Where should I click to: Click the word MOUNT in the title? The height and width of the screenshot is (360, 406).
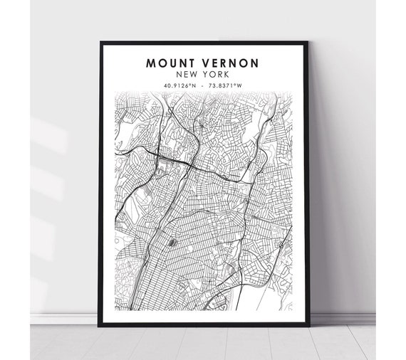click(x=168, y=63)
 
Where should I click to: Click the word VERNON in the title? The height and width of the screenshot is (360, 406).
click(x=229, y=63)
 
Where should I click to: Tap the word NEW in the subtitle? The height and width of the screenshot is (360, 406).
click(x=188, y=74)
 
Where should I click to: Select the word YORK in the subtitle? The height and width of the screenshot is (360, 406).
click(x=217, y=74)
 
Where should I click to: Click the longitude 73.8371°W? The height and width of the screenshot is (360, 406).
click(x=224, y=85)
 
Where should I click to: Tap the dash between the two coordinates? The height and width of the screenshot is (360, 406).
click(x=203, y=85)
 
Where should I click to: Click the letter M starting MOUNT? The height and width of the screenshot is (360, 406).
click(x=151, y=63)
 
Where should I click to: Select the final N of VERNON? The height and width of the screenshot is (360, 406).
click(x=255, y=63)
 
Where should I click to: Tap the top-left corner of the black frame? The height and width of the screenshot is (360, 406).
click(x=101, y=43)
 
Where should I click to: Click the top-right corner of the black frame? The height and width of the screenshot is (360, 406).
click(x=308, y=43)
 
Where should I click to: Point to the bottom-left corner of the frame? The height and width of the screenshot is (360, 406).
click(x=101, y=324)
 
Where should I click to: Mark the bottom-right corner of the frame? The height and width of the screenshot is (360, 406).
click(x=308, y=324)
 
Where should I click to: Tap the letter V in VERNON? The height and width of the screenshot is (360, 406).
click(x=202, y=63)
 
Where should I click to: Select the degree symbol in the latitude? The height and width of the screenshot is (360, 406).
click(x=192, y=84)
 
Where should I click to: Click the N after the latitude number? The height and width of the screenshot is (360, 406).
click(x=195, y=85)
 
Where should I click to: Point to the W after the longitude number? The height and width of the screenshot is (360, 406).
click(x=239, y=85)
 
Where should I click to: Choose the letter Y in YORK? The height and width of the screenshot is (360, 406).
click(x=207, y=74)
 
